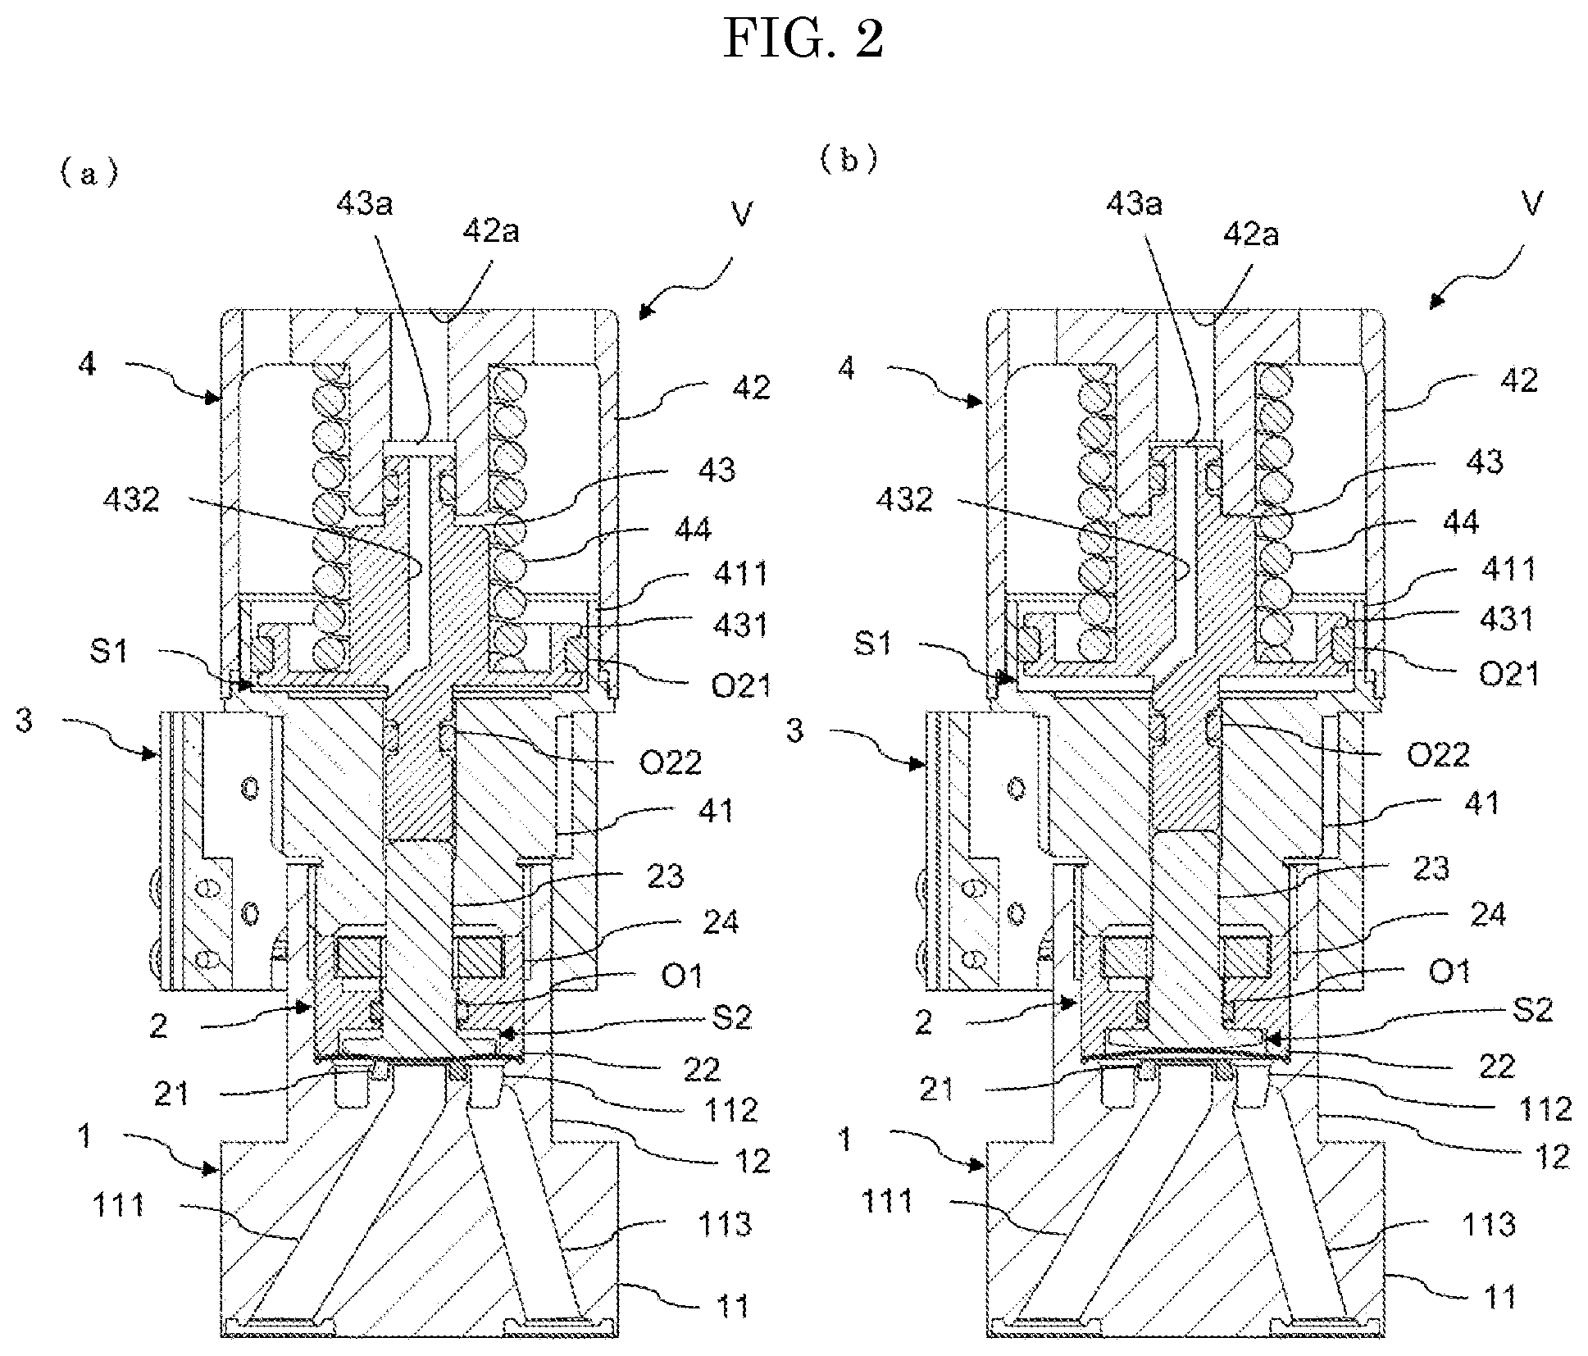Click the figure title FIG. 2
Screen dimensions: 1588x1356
point(803,39)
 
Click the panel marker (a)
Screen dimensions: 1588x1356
point(89,173)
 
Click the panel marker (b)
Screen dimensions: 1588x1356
point(849,159)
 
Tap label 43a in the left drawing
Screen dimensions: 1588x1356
point(364,202)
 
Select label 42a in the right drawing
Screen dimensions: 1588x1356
point(1249,235)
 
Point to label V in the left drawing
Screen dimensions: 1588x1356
point(741,214)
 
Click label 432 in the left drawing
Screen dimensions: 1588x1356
point(131,498)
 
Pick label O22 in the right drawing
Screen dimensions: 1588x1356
point(1438,753)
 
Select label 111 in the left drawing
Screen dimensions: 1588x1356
point(119,1204)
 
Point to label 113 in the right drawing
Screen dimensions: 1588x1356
point(1488,1225)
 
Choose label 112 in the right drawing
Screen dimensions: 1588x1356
point(1545,1108)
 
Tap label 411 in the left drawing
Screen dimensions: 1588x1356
point(740,572)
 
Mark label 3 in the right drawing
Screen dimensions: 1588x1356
point(794,730)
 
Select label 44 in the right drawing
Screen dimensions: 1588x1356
point(1459,522)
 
